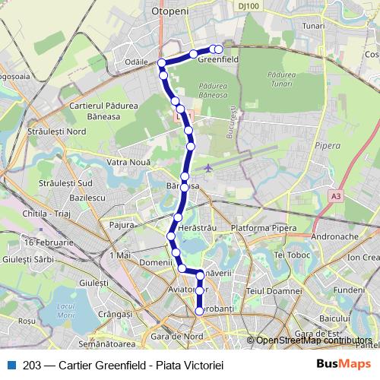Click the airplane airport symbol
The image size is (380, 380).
point(209,167)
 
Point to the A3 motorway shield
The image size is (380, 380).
point(336,196)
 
